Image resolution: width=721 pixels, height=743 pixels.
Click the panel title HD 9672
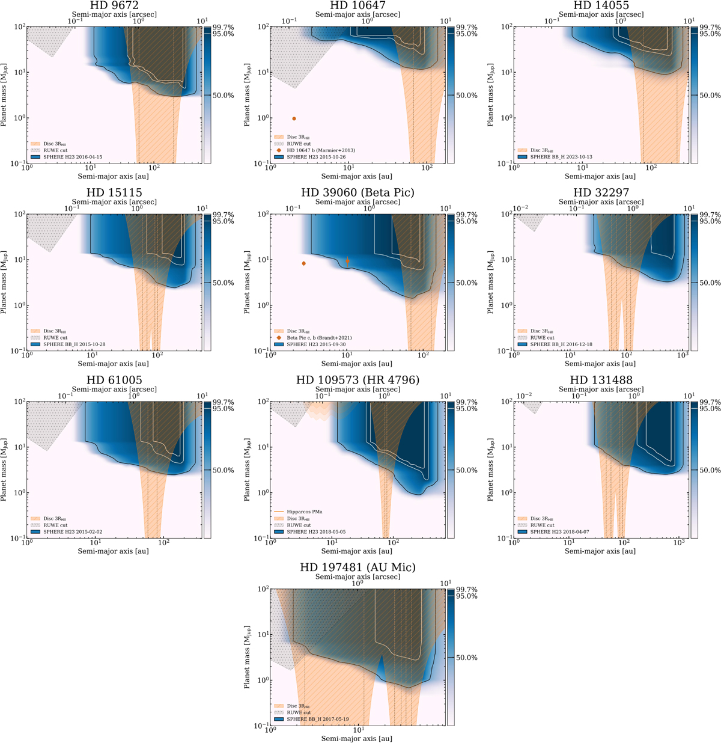(114, 5)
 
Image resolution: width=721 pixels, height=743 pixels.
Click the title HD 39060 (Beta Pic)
(357, 192)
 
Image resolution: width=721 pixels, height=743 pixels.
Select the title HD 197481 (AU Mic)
(357, 567)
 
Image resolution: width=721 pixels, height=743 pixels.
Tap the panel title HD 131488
(601, 380)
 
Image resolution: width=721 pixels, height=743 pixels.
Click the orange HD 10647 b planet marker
(294, 119)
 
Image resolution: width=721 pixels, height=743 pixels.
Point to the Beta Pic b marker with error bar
(347, 261)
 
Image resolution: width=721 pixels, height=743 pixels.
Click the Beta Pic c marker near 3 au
(304, 263)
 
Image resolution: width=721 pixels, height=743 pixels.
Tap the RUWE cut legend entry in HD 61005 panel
(55, 525)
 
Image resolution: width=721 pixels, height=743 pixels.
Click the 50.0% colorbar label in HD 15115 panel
(224, 283)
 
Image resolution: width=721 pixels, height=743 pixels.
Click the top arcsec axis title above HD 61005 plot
(114, 389)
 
